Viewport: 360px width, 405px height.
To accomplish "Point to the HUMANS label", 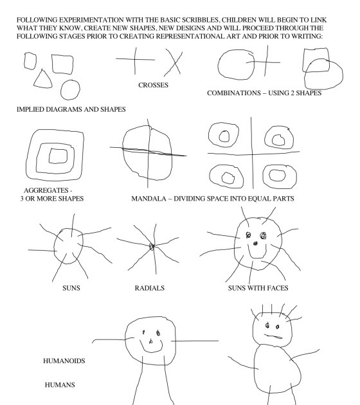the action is [x=59, y=384].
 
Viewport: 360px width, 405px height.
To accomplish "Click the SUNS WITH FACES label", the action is [x=256, y=288].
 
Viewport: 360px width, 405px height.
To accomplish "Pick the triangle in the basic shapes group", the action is [x=43, y=79].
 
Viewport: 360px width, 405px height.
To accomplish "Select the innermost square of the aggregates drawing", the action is [x=58, y=155].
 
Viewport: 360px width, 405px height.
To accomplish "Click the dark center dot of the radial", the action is [x=152, y=246].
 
